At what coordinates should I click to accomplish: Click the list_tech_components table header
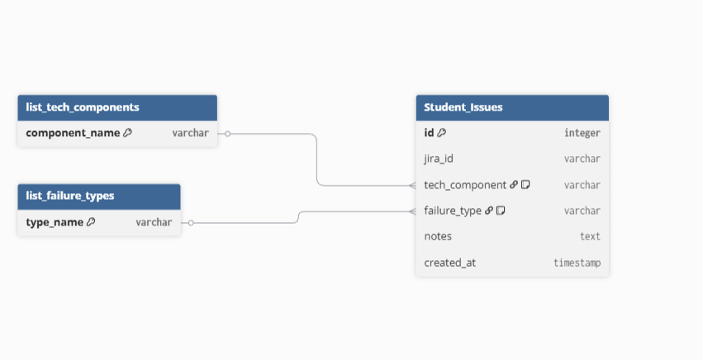click(x=83, y=107)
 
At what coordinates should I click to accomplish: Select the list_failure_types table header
click(x=70, y=196)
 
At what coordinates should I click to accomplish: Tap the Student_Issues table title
click(x=463, y=107)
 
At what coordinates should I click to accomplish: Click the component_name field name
click(x=73, y=132)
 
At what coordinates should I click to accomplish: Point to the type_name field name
click(x=55, y=222)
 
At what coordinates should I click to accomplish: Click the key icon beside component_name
click(x=127, y=132)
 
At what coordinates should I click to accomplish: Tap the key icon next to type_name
click(x=91, y=222)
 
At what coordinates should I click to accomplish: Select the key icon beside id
click(x=442, y=132)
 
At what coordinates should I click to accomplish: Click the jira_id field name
click(x=439, y=159)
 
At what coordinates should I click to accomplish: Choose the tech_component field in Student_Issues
click(x=464, y=185)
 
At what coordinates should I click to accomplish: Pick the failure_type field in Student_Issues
click(x=453, y=211)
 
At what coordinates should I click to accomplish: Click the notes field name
click(x=438, y=236)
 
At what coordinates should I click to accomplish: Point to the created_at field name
click(x=449, y=263)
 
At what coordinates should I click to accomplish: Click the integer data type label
click(x=582, y=132)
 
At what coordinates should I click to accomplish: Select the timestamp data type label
click(x=577, y=263)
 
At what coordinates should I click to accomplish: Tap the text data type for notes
click(x=590, y=236)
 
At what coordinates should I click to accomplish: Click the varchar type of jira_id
click(x=582, y=159)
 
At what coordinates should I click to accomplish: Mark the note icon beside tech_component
click(x=525, y=185)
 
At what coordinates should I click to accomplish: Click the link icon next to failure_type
click(x=489, y=211)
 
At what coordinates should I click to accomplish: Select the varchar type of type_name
click(x=154, y=222)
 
